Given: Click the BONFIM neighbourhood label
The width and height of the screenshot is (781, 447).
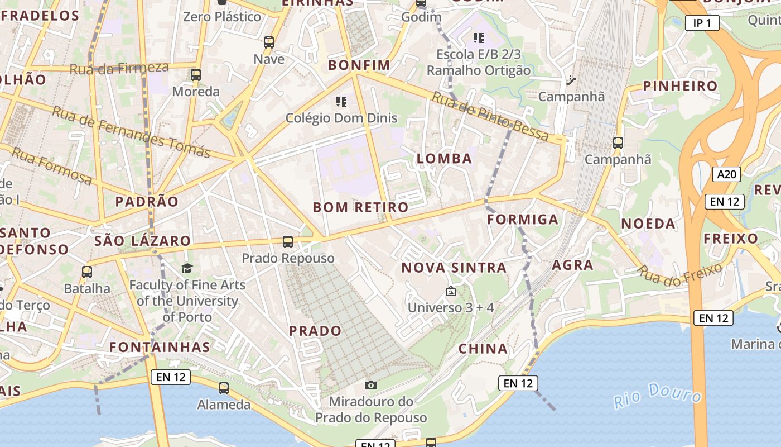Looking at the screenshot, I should (359, 65).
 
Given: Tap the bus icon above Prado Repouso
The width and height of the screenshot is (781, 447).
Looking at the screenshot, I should (288, 242).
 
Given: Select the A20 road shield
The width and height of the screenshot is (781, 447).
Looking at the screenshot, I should (727, 174).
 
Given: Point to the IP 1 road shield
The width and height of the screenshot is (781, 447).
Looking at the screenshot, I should (702, 23).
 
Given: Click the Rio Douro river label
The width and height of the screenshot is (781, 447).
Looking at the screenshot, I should (657, 396).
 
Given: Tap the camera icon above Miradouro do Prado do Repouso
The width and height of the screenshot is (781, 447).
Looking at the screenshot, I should (370, 385).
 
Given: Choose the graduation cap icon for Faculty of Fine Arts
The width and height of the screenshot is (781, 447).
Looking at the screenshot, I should (187, 269).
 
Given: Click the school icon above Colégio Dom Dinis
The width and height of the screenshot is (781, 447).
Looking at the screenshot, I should (341, 102).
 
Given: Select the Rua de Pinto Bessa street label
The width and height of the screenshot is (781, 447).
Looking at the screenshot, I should (490, 117).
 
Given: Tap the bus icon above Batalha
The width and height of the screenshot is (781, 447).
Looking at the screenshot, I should (87, 272).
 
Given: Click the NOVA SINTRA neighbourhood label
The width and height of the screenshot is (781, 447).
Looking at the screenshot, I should (454, 268).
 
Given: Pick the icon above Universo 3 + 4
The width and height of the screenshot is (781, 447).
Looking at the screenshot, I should (451, 292).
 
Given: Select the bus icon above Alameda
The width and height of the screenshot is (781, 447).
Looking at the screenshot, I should (224, 388).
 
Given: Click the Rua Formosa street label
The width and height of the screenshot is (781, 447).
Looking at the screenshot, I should (52, 165).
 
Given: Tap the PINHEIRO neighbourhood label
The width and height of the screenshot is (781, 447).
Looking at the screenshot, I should (680, 86).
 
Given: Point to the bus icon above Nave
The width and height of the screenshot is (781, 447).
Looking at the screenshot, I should (269, 42).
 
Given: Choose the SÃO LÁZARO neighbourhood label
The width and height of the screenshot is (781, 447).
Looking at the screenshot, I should (143, 241).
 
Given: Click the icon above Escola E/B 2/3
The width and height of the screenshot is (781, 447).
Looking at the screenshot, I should (479, 38).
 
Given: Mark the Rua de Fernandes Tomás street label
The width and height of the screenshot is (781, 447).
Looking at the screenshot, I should (131, 132).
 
